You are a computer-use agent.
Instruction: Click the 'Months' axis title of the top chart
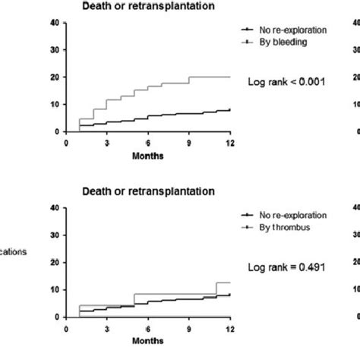pos(148,156)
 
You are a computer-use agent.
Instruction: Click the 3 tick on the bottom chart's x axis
pos(107,328)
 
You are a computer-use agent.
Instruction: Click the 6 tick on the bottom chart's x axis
pos(148,328)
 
